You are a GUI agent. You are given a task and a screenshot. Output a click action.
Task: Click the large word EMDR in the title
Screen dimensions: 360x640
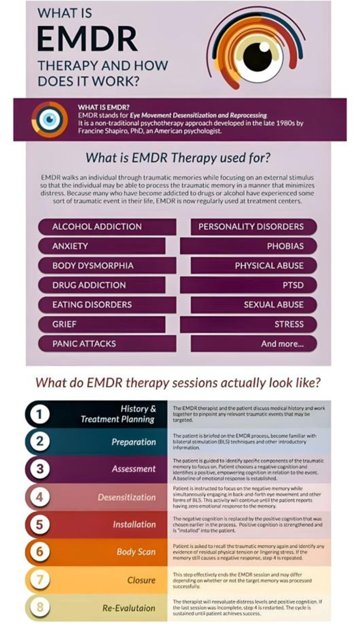[87, 39]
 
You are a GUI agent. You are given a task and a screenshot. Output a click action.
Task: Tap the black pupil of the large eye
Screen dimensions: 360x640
[258, 56]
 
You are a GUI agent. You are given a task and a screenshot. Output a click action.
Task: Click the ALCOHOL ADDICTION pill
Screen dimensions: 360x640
[107, 227]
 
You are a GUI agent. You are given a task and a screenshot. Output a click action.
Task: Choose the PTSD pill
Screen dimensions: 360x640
[249, 285]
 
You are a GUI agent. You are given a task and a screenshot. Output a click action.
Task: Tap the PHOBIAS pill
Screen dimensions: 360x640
[249, 246]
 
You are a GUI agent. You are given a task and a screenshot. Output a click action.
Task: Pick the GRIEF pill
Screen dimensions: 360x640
[102, 324]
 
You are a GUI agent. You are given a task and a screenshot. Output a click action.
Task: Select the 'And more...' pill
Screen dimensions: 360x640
[254, 344]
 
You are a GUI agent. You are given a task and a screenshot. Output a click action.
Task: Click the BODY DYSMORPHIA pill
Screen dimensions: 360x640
[107, 266]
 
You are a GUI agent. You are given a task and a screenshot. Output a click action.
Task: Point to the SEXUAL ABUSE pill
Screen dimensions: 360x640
[254, 305]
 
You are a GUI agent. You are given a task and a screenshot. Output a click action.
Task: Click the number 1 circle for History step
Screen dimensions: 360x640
[40, 414]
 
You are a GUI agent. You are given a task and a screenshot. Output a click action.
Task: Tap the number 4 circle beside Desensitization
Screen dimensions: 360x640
[40, 497]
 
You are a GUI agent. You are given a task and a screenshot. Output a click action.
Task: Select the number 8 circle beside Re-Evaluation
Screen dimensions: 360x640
[40, 607]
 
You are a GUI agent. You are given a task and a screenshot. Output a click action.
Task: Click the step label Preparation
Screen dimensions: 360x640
[134, 442]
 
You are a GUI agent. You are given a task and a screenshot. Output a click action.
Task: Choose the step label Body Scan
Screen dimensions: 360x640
[136, 552]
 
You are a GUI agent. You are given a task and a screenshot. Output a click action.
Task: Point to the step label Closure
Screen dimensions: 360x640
[141, 580]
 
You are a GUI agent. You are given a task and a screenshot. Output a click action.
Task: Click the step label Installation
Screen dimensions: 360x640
[134, 524]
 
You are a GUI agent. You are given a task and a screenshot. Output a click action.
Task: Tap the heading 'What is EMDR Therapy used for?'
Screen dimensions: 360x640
[178, 158]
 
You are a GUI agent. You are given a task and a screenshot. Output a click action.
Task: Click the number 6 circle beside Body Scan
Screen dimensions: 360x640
[40, 552]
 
